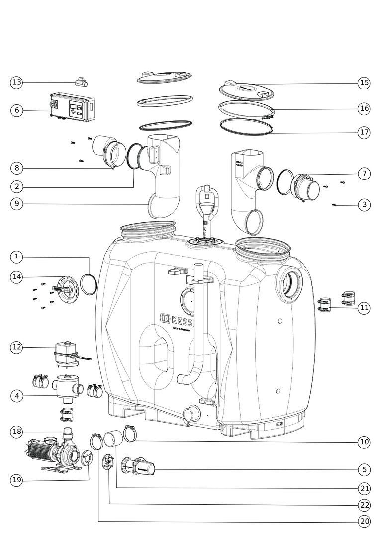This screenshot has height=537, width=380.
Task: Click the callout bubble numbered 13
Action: (x=16, y=82)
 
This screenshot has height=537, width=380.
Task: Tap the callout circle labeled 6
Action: (x=16, y=110)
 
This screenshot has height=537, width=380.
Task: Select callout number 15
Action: (x=364, y=83)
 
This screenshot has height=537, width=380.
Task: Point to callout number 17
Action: (x=364, y=132)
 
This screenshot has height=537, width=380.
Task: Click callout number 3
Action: (x=364, y=204)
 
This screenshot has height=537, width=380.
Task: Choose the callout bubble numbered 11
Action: (x=364, y=308)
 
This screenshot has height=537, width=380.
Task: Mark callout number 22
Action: (x=364, y=505)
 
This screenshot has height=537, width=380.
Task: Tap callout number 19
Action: (x=16, y=480)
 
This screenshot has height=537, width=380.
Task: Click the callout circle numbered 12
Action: (x=16, y=347)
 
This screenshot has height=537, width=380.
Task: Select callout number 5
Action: (x=364, y=469)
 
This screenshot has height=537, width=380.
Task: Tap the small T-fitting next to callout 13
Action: (x=80, y=82)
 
